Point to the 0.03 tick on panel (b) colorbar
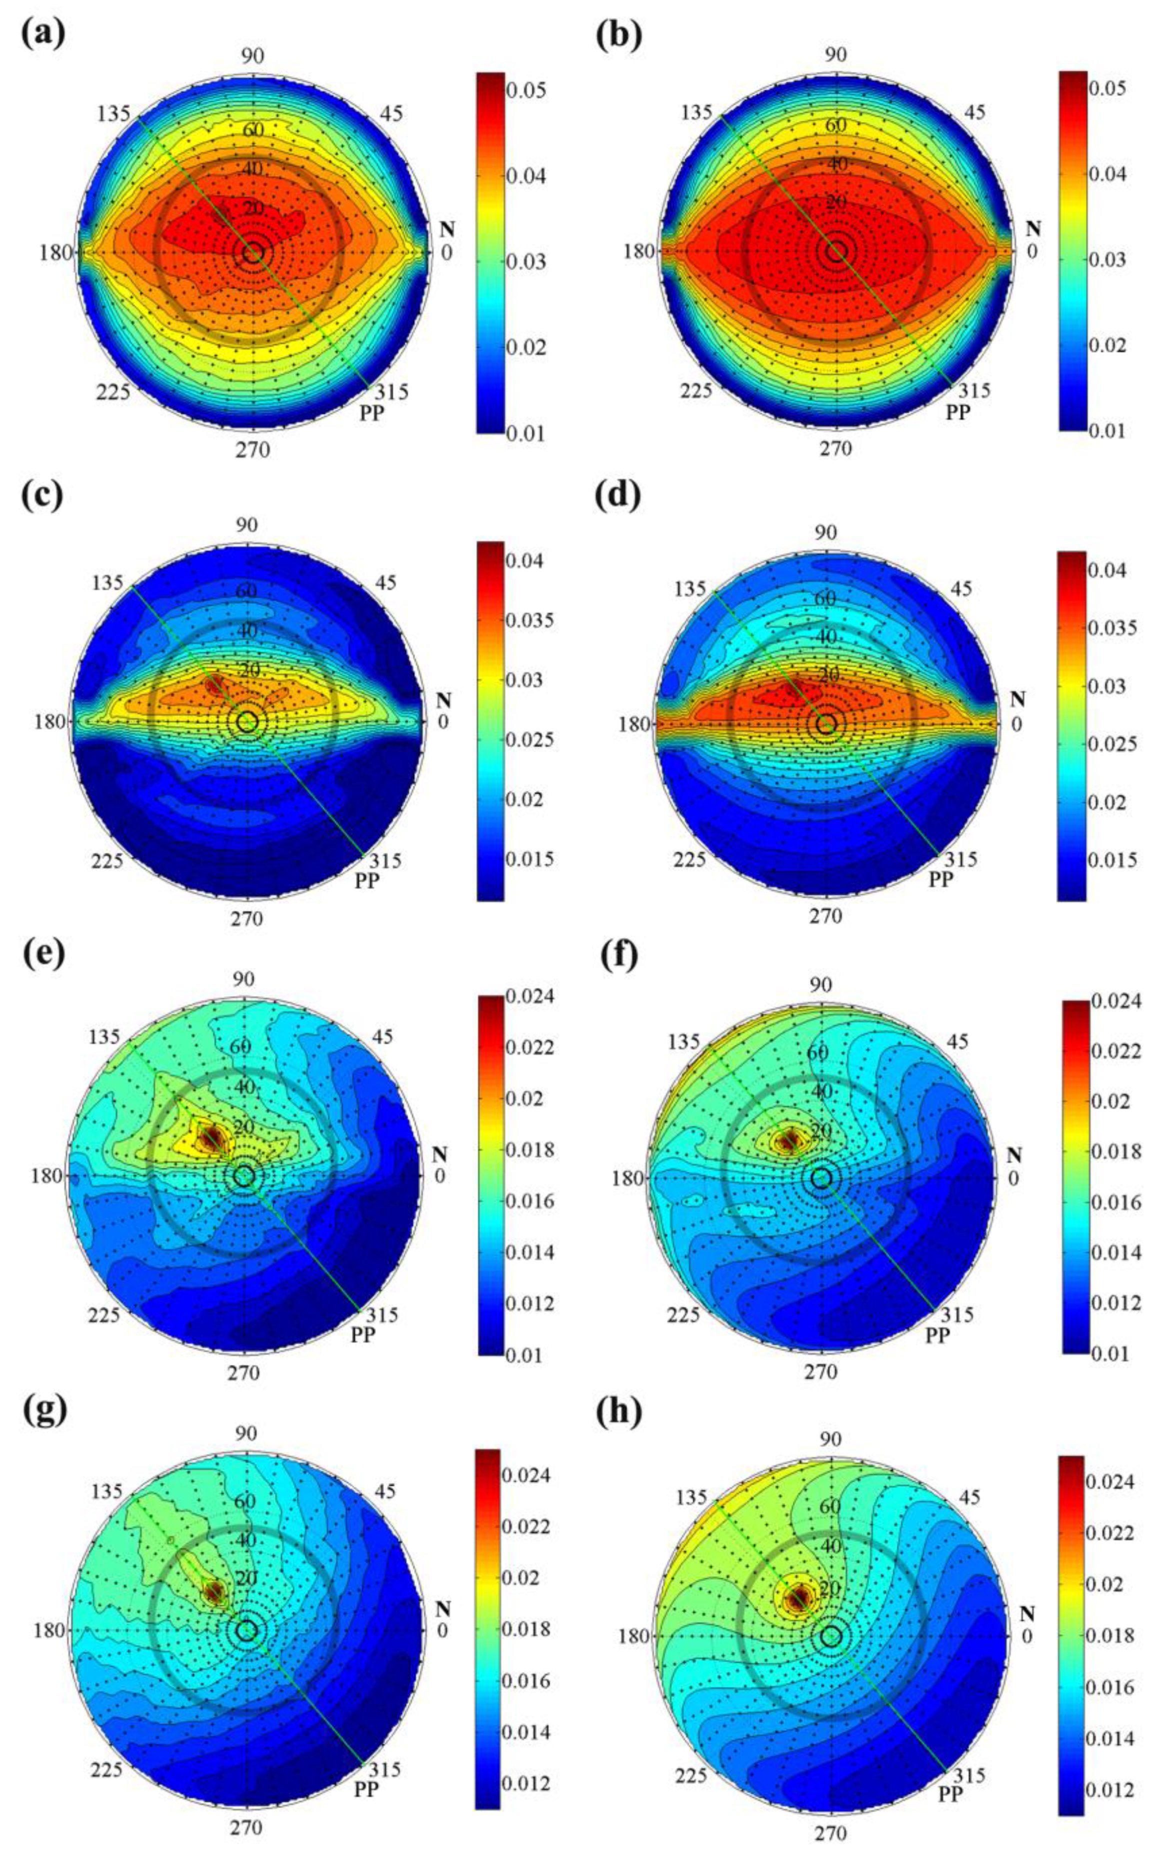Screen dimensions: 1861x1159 pyautogui.click(x=1109, y=259)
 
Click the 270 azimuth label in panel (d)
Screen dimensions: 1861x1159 pyautogui.click(x=825, y=916)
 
